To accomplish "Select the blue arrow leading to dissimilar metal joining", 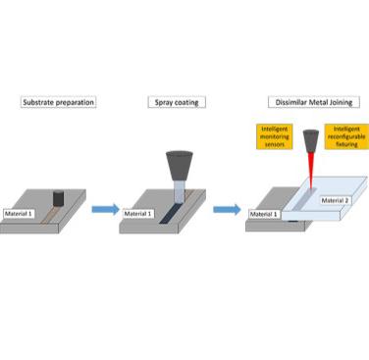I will [x=225, y=209].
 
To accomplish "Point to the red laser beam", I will [x=311, y=177].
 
